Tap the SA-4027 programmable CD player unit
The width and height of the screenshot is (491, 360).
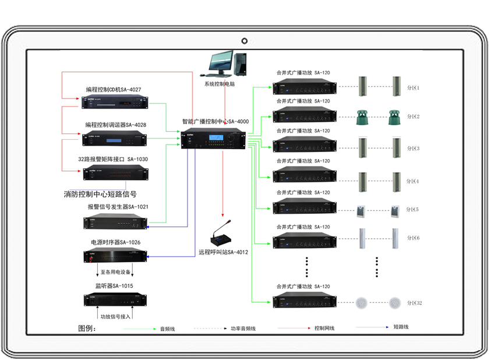pos(114,103)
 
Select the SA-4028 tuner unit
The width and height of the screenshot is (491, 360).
pos(114,139)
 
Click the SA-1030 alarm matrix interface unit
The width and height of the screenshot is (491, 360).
pos(114,172)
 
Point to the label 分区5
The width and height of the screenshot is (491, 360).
pos(413,209)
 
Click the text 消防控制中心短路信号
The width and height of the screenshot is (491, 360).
pos(100,194)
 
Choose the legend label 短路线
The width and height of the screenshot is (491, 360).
pos(401,327)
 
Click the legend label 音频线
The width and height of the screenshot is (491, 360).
pos(167,329)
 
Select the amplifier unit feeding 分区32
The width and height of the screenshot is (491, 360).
pos(304,302)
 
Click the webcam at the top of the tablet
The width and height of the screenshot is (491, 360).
pos(245,41)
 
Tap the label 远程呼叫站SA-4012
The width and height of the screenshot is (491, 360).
pos(223,252)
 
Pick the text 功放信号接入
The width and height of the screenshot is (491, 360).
pos(116,316)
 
